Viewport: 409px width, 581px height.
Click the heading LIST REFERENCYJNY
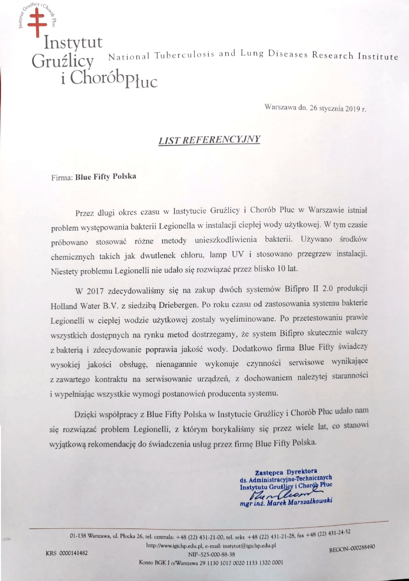click(x=209, y=139)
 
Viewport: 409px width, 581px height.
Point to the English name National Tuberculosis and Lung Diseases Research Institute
click(x=253, y=56)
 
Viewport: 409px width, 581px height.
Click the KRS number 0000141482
click(x=67, y=553)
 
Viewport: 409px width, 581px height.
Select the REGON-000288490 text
click(x=352, y=548)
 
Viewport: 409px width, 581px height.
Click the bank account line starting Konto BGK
click(x=210, y=562)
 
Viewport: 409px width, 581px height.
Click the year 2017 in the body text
click(x=96, y=291)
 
